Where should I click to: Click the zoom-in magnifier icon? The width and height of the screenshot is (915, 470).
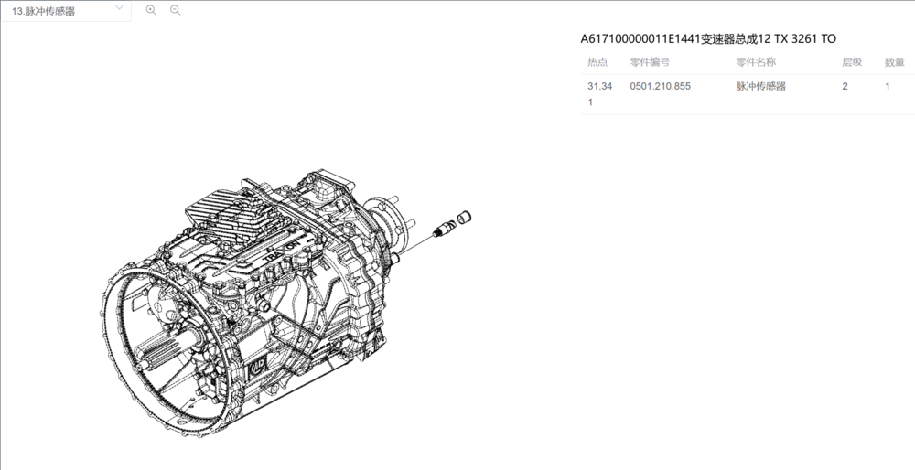point(151,10)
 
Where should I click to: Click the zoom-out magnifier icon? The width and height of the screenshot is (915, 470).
point(175,10)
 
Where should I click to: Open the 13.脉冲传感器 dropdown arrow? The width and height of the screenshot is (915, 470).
point(119,8)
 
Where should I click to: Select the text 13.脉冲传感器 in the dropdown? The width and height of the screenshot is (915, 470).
point(43,11)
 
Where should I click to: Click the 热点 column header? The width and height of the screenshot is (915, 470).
point(597,62)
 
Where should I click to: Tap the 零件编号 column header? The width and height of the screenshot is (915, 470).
point(650,62)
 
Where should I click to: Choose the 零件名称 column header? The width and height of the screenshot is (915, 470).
point(756,62)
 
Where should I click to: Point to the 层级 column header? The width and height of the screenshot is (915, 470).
point(851,62)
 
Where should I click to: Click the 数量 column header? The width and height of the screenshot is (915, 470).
point(894,62)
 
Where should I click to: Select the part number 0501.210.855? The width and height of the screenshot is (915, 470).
point(660,86)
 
